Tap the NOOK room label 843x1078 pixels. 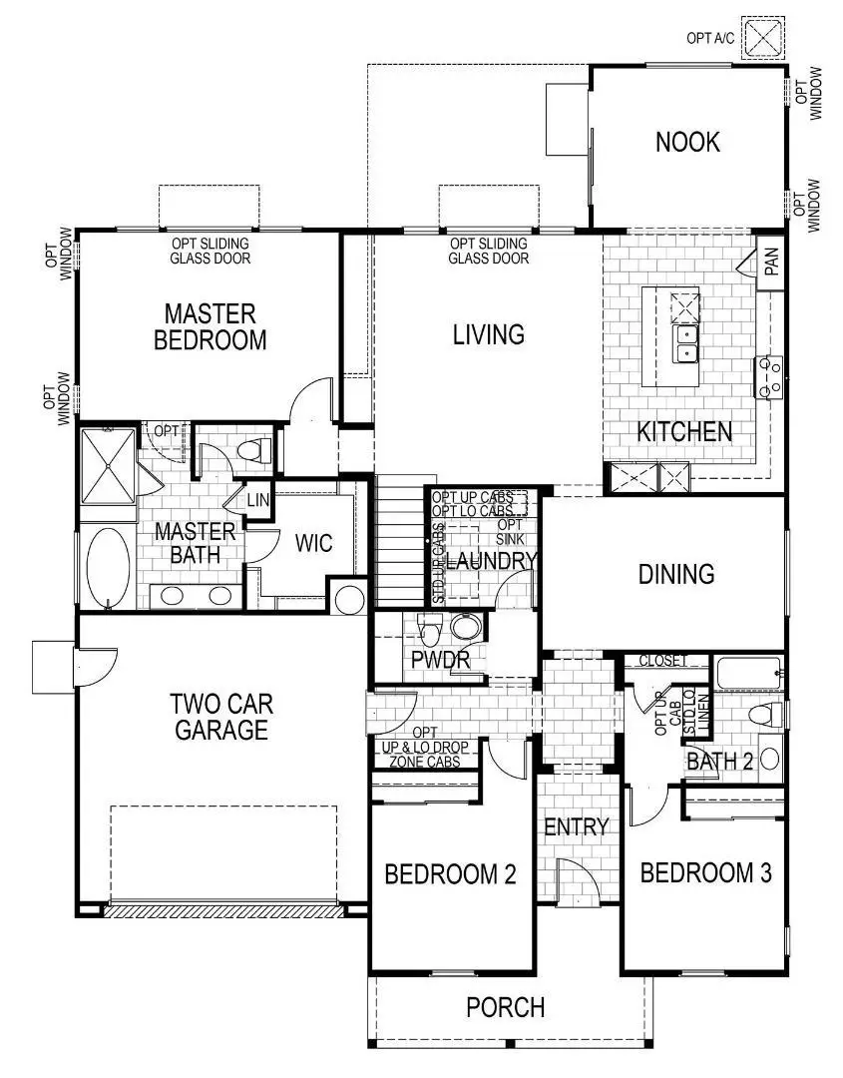687,142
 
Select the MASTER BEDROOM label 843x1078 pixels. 211,326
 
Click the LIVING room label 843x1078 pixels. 488,334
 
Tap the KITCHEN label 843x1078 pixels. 684,432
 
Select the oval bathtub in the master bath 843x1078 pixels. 108,566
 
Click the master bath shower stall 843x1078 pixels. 108,466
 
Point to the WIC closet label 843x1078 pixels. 313,544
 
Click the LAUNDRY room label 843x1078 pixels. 491,562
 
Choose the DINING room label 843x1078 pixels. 676,574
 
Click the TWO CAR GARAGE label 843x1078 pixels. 221,716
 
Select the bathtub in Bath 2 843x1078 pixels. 748,673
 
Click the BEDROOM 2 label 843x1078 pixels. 450,875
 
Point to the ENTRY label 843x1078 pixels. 576,826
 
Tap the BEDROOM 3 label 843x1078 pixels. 705,874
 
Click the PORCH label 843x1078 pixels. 506,1007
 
